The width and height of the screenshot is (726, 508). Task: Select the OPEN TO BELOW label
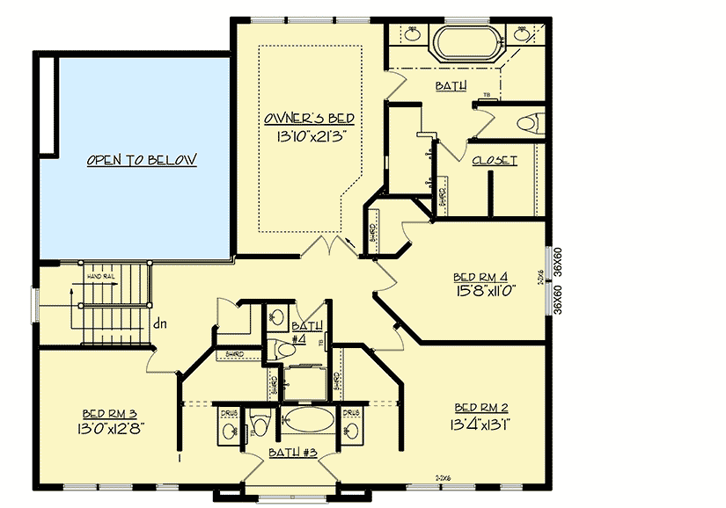point(142,160)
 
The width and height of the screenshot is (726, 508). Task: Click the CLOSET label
point(495,161)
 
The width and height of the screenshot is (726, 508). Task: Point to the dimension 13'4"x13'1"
point(482,424)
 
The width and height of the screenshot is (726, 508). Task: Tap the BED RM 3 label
point(108,412)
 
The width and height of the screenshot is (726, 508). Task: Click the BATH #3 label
point(292,453)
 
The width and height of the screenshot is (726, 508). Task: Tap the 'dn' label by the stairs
point(159,323)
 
